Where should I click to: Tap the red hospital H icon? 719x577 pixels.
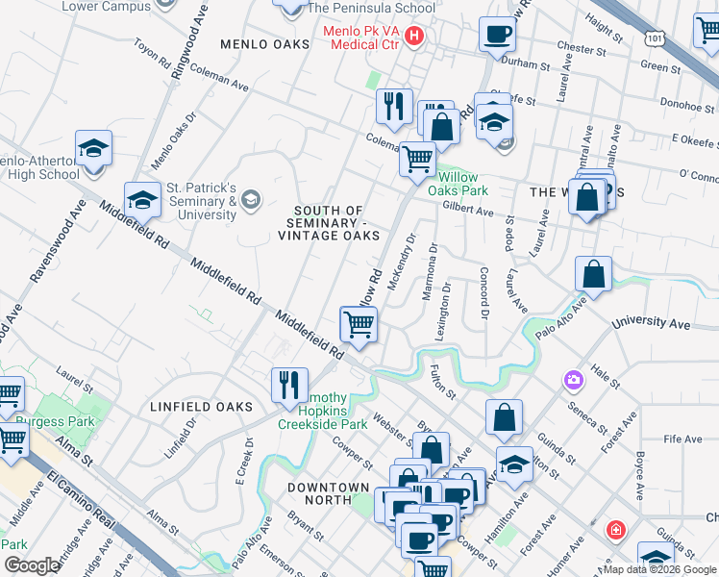coord(414,38)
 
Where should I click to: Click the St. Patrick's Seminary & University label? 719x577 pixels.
coord(202,201)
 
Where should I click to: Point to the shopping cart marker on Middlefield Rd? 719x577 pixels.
coord(359,325)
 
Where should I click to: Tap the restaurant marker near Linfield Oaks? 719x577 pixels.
coord(289,386)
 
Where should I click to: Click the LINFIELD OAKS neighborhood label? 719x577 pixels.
coord(201,407)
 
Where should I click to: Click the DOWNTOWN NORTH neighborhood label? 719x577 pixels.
coord(329,493)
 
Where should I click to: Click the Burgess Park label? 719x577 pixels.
coord(54,422)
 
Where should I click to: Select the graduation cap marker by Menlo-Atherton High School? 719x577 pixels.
coord(93,150)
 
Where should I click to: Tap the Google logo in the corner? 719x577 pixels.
coord(31,565)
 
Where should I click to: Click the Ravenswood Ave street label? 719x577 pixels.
coord(45,253)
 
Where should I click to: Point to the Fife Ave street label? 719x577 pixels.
coord(682,439)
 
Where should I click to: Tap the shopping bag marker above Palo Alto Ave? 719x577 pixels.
coord(594,274)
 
